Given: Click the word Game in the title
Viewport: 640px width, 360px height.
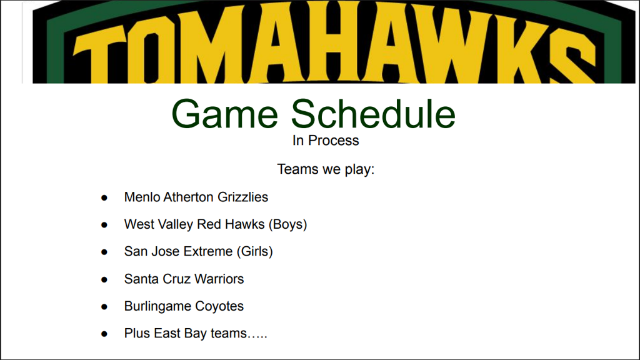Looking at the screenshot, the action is click(x=225, y=114).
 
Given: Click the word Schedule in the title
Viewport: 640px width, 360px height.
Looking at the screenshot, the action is click(x=373, y=114).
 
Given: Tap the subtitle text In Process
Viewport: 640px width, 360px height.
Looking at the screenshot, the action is click(x=326, y=141).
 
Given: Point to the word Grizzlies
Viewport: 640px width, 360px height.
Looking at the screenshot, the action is click(x=243, y=197).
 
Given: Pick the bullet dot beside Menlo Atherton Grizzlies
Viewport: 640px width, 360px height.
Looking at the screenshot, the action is click(x=104, y=198).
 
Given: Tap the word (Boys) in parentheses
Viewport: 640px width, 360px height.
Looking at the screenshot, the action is click(x=287, y=224).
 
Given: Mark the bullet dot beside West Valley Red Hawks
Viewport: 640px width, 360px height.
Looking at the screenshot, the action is click(x=104, y=225).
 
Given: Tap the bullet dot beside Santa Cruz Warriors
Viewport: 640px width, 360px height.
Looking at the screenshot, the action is click(x=104, y=279).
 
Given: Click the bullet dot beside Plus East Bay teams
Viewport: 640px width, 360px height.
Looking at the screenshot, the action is click(x=104, y=334).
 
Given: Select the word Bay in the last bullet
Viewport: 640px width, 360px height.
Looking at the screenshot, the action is click(x=196, y=334).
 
